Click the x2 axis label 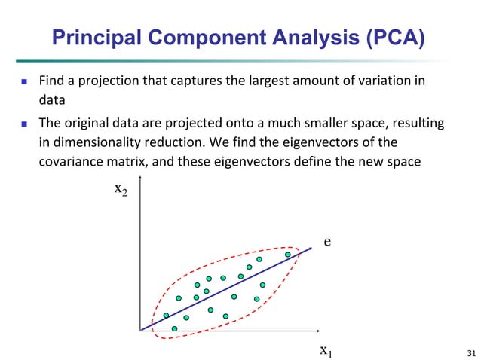(x=121, y=190)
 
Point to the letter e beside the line (x=328, y=242)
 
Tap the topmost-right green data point (x=287, y=255)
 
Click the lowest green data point (x=175, y=328)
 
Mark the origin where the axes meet (x=140, y=330)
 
